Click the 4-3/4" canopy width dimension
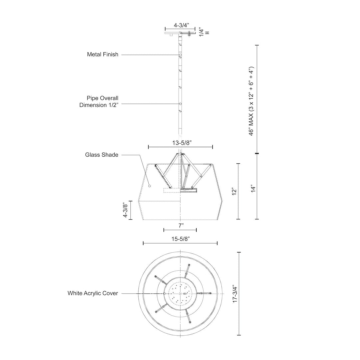pyautogui.click(x=181, y=25)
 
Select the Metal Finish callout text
pyautogui.click(x=103, y=54)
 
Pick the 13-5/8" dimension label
pyautogui.click(x=181, y=142)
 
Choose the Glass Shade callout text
pyautogui.click(x=102, y=155)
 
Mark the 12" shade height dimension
pyautogui.click(x=234, y=192)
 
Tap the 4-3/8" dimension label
pyautogui.click(x=125, y=210)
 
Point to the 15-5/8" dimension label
pyautogui.click(x=180, y=239)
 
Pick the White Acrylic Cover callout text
pyautogui.click(x=93, y=293)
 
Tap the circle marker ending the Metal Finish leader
pyautogui.click(x=180, y=55)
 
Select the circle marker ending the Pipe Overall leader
pyautogui.click(x=180, y=104)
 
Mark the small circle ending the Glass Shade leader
pyautogui.click(x=150, y=186)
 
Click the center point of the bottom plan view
pyautogui.click(x=180, y=293)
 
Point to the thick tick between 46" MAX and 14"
pyautogui.click(x=257, y=153)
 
